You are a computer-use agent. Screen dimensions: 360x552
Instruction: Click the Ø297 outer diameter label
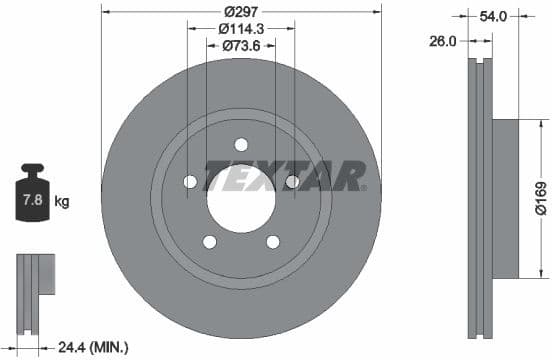point(240,10)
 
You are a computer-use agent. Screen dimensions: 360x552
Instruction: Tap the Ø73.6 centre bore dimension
point(240,45)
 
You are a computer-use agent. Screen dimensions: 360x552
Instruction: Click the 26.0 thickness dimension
point(443,41)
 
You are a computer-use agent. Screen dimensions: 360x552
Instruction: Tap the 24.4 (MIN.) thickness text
point(92,347)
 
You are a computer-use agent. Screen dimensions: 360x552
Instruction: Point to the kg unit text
point(62,202)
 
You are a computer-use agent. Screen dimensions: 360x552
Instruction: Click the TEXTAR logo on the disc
point(285,175)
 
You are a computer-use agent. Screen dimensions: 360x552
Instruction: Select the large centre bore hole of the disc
point(241,191)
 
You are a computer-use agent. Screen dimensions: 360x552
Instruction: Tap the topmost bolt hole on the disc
point(241,144)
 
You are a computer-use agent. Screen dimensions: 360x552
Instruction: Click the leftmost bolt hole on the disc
point(190,181)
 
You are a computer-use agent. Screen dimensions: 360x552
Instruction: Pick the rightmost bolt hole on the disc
point(292,181)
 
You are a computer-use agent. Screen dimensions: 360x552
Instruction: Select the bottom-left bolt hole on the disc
point(209,241)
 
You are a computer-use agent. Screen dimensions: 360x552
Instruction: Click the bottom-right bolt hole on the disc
point(272,241)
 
